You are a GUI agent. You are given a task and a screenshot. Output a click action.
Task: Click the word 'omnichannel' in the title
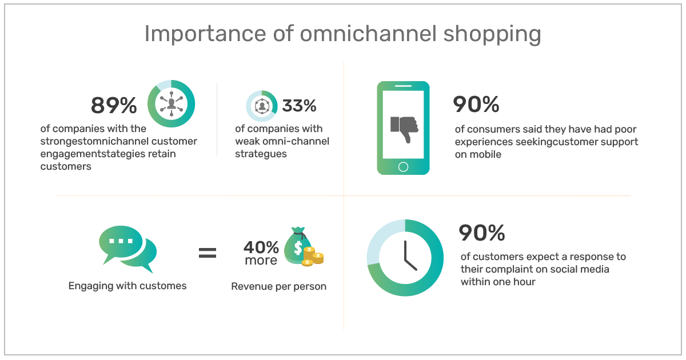(x=368, y=33)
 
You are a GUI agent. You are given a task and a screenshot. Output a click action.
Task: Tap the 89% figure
(x=114, y=105)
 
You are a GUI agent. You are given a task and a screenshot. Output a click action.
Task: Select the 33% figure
(x=299, y=106)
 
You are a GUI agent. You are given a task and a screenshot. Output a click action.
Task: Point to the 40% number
(x=261, y=247)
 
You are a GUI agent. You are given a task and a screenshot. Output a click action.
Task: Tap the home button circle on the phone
(x=403, y=167)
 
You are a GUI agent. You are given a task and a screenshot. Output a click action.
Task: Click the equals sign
(x=208, y=253)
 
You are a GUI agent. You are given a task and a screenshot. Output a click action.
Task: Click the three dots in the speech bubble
(x=121, y=241)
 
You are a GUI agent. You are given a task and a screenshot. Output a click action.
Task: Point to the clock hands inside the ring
(x=410, y=255)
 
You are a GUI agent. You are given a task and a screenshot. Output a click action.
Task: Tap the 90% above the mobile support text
(x=476, y=104)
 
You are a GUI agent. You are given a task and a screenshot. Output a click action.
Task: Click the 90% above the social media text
(x=482, y=233)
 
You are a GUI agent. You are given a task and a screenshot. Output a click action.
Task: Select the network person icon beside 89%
(x=171, y=104)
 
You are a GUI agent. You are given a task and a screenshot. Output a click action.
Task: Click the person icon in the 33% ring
(x=262, y=106)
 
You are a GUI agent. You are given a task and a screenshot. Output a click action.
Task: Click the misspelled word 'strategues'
(x=261, y=154)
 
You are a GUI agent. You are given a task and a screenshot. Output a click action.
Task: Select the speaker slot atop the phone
(x=403, y=86)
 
